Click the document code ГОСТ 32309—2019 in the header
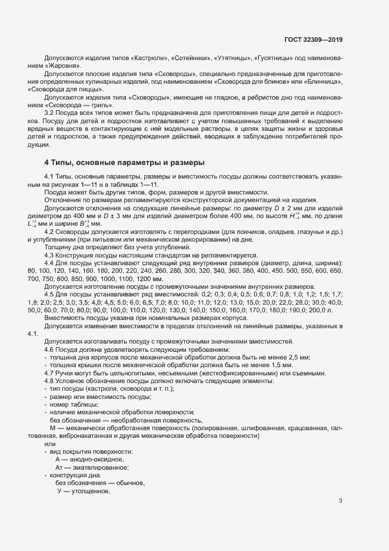[312, 39]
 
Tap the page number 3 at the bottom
[340, 501]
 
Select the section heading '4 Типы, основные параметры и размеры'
[124, 161]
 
